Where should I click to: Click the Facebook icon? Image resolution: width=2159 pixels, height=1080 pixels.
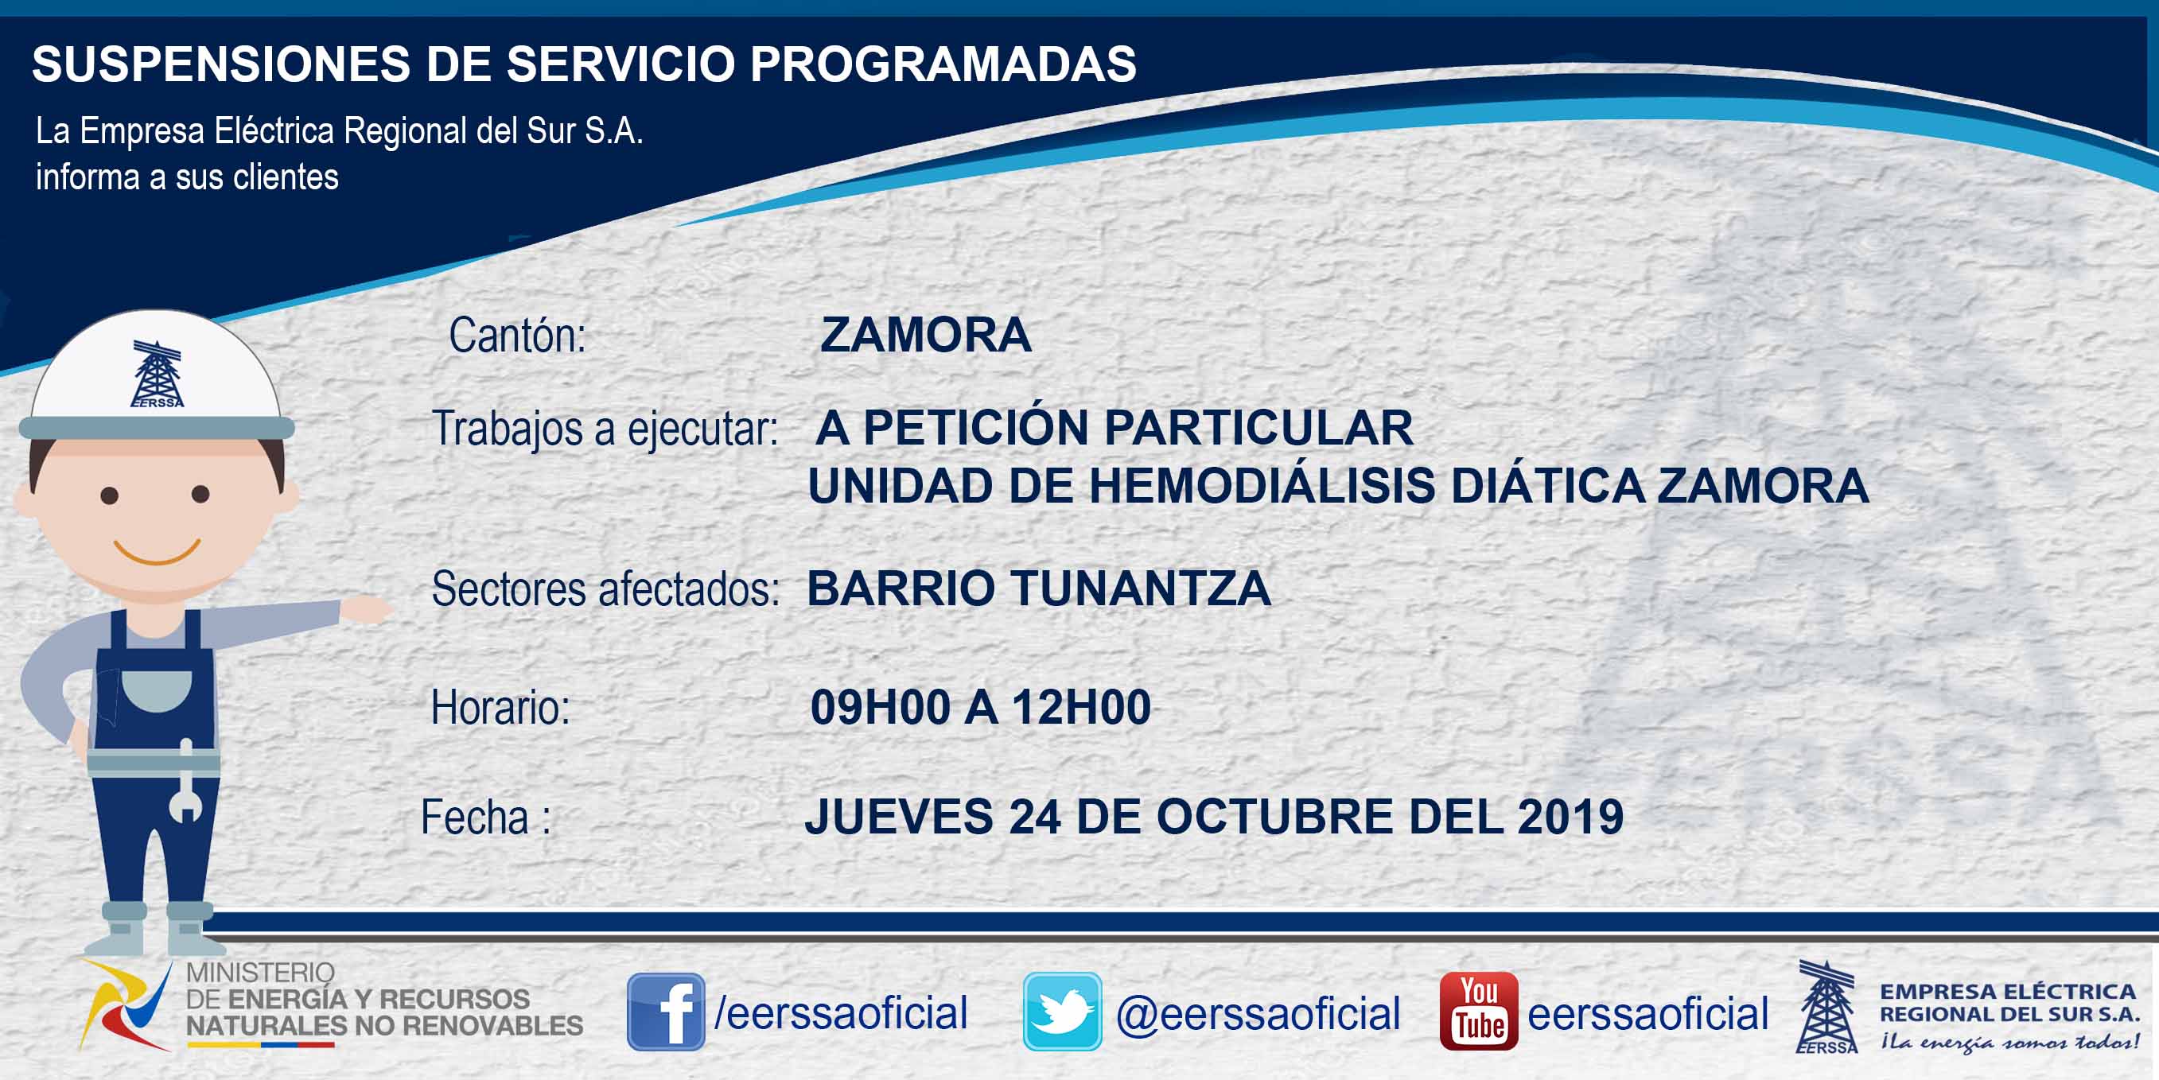[x=666, y=1012]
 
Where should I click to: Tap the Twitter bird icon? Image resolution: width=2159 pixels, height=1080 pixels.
[x=1062, y=1012]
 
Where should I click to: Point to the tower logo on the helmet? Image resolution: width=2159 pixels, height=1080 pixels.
[x=157, y=374]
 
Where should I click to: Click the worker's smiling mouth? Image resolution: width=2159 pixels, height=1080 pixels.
[x=157, y=552]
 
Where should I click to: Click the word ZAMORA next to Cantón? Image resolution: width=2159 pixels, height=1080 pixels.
[x=925, y=335]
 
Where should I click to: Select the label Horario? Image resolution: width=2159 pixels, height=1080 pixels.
[x=500, y=707]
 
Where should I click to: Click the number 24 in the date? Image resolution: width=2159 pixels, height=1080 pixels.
[x=1034, y=817]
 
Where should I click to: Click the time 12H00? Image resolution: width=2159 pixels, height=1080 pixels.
[x=1081, y=707]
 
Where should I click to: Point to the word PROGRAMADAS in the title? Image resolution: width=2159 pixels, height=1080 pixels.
[x=943, y=64]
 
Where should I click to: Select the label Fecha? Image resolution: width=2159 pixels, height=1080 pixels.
[x=474, y=817]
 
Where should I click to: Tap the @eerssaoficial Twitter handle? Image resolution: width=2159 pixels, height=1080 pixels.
[x=1258, y=1014]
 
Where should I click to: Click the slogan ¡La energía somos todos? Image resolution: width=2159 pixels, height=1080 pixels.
[x=2009, y=1043]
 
